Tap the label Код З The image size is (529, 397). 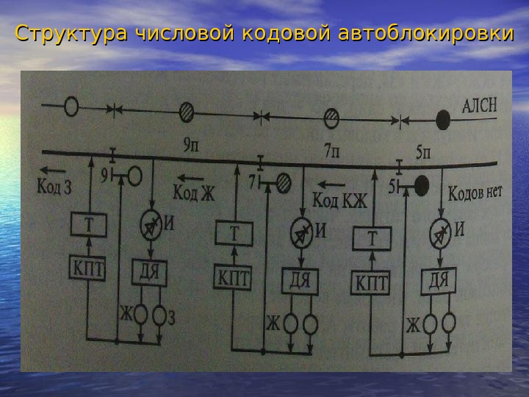54,187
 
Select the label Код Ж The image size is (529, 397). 194,193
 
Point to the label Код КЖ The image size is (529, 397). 339,199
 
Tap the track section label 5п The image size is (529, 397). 425,154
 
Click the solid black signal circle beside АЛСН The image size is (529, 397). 443,118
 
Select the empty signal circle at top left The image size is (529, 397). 71,107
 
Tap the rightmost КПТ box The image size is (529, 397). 372,283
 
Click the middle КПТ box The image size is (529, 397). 233,278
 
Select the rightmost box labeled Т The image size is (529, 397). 372,239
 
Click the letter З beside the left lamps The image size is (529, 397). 171,318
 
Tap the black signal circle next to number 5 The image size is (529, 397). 421,185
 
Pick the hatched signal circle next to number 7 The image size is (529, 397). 281,181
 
